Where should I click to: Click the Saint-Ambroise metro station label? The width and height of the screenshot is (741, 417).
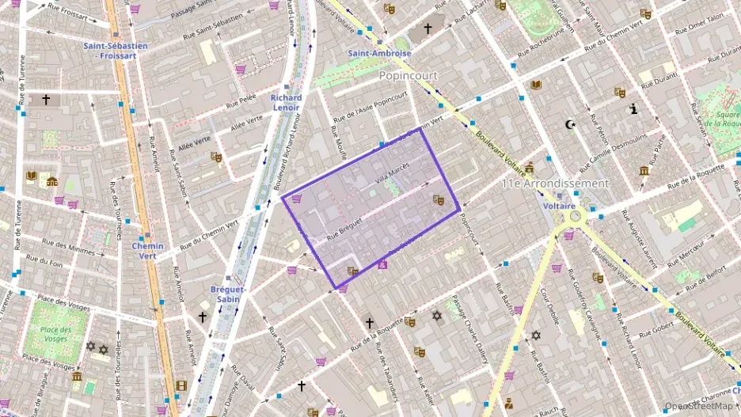[380, 53]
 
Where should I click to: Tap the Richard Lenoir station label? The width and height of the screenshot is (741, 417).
[286, 103]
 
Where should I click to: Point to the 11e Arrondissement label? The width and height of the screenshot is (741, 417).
[556, 183]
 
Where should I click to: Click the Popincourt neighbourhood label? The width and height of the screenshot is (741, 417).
[408, 75]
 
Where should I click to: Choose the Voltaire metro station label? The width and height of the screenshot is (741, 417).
[559, 205]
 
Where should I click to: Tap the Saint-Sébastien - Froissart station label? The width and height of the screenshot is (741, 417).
[116, 51]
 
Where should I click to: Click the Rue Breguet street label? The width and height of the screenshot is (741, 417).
[344, 229]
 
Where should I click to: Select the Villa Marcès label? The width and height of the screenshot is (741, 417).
[392, 173]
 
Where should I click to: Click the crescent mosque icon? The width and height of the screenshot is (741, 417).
[568, 124]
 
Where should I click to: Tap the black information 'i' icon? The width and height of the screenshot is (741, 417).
[633, 109]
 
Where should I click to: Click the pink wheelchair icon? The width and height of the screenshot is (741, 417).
[383, 264]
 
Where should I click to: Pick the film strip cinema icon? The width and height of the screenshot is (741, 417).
[183, 385]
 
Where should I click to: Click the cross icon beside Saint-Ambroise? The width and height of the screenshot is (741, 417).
[428, 28]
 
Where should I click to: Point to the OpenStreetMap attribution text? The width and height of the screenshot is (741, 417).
[699, 406]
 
